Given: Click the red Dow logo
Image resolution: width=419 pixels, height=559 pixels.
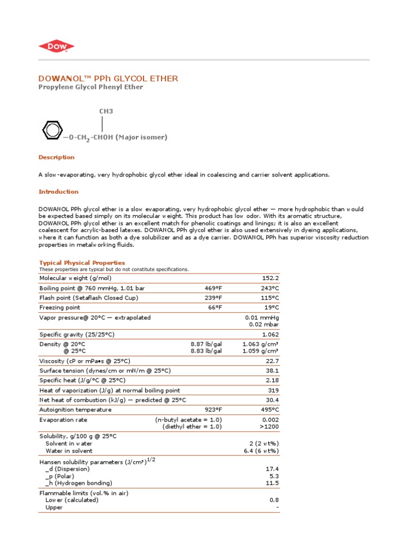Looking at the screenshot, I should [x=56, y=47].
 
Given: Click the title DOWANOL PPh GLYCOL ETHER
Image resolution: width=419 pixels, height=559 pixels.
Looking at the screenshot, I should [x=108, y=79].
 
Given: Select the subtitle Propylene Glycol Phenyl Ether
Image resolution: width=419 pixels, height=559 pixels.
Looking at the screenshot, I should [x=91, y=87].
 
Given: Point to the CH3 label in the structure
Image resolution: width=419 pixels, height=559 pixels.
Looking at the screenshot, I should [x=106, y=111].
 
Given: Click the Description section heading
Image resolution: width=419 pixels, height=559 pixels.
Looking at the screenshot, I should [x=56, y=157].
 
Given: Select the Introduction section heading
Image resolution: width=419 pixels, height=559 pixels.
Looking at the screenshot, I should [x=58, y=192].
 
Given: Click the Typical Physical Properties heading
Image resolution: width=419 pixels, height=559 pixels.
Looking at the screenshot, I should [x=82, y=263].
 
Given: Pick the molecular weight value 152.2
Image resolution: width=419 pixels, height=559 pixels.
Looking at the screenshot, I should [x=270, y=278].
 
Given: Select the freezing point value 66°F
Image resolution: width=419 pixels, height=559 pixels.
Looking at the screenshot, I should [x=215, y=307].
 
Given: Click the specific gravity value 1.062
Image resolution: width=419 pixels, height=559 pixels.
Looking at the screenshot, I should [x=270, y=334].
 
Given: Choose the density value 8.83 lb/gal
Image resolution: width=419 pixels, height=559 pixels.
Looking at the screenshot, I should [x=206, y=351].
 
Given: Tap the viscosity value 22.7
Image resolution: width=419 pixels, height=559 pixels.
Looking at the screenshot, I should [x=272, y=361].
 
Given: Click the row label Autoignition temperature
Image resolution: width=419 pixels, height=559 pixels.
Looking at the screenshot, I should [x=75, y=409].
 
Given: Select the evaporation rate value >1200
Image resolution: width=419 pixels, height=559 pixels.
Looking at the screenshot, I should [x=269, y=426].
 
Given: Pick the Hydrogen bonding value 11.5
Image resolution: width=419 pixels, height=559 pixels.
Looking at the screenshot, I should [x=272, y=483].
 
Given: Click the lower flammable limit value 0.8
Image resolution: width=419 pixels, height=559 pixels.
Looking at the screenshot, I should [x=274, y=500].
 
